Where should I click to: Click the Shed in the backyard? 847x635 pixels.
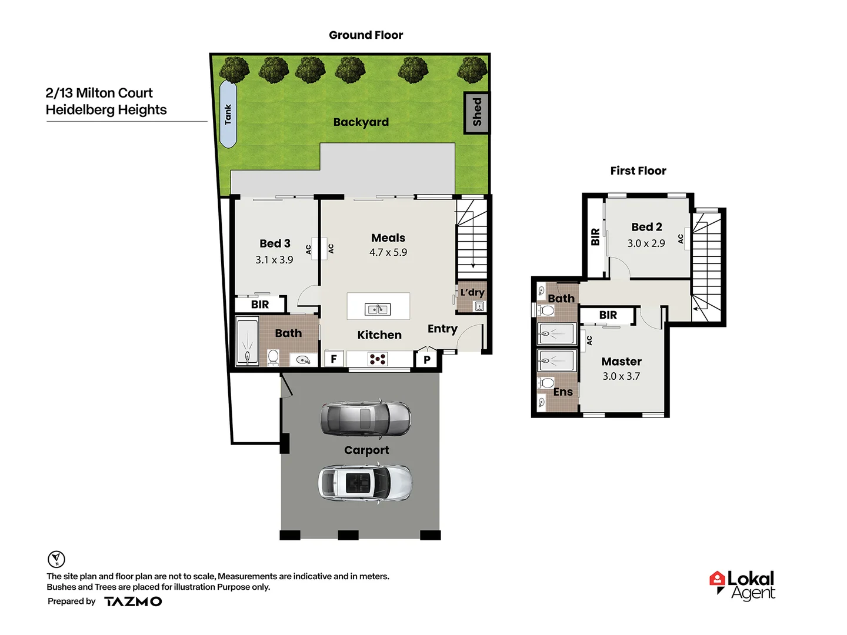tap(476, 112)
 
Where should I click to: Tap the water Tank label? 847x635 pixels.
tap(228, 114)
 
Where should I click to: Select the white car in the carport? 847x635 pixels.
tap(365, 483)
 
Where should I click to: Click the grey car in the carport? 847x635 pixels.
tap(365, 419)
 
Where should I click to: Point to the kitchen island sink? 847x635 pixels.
tap(378, 309)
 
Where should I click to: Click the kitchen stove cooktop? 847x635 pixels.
tap(378, 359)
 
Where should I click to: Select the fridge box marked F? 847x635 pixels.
tap(334, 359)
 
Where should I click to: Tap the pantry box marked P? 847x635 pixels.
tap(427, 359)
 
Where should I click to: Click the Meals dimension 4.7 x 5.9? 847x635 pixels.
tap(388, 252)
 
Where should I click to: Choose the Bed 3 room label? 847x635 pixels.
tap(275, 243)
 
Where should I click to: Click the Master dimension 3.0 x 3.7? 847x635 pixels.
tap(621, 376)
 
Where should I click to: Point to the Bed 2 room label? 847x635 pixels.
tap(646, 227)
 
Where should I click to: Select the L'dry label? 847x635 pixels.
tap(472, 292)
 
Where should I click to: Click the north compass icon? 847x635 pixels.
tap(56, 559)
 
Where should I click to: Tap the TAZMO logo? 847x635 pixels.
tap(133, 601)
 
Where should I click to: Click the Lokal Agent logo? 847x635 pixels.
tap(743, 585)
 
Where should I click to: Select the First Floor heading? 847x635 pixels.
tap(638, 171)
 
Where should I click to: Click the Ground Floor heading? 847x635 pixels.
tap(366, 35)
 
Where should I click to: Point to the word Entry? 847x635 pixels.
tap(442, 329)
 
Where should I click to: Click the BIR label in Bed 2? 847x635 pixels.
tap(595, 237)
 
